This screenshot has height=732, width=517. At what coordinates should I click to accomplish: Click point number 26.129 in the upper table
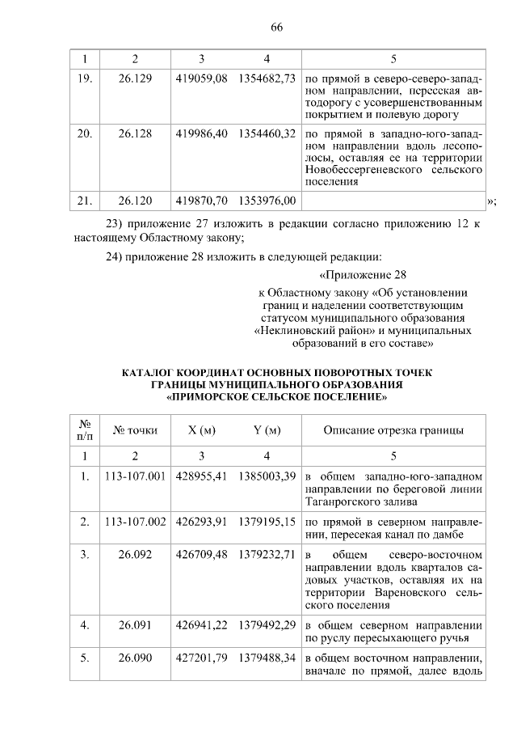pyautogui.click(x=135, y=80)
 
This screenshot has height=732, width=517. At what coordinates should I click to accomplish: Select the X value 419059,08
pyautogui.click(x=201, y=80)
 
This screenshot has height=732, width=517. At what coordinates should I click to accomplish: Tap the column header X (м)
pyautogui.click(x=201, y=429)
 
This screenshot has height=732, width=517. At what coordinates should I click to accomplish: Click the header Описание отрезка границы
pyautogui.click(x=393, y=429)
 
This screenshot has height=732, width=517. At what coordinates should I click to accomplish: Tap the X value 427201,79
pyautogui.click(x=201, y=658)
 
